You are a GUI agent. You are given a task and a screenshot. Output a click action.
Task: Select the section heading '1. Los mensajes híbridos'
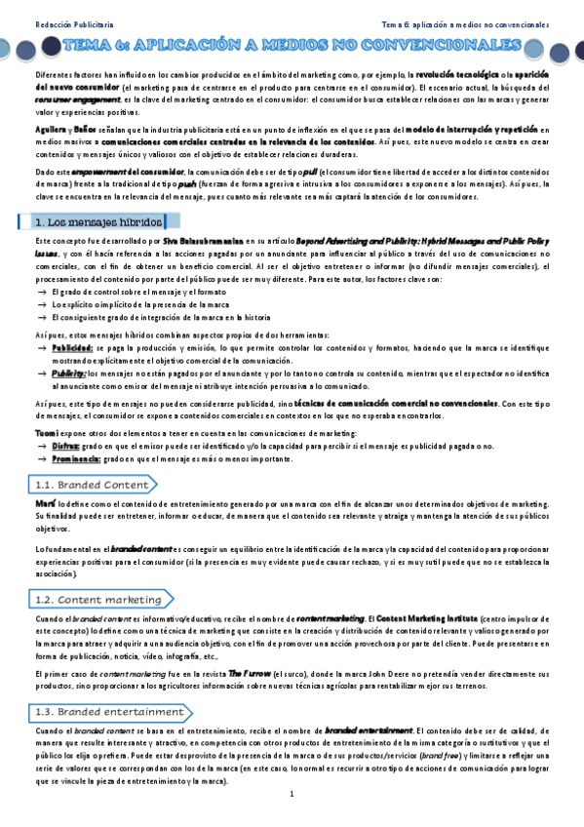[x=97, y=222]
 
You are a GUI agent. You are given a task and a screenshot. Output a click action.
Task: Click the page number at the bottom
[x=292, y=796]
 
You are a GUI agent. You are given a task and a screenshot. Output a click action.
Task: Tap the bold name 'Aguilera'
[x=49, y=129]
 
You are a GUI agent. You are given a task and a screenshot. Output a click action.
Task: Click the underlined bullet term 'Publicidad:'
[x=73, y=346]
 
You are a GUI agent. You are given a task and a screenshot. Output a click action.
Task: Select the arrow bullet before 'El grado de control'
[x=41, y=292]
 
